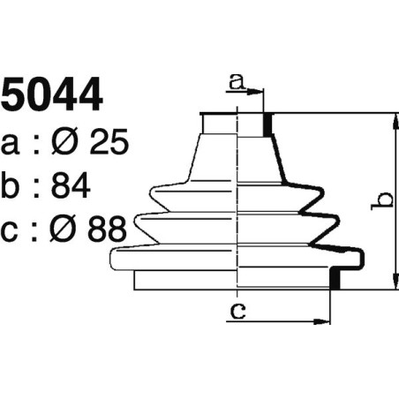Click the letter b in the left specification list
[x=13, y=187]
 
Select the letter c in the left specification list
[x=12, y=232]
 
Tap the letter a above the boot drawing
[x=236, y=81]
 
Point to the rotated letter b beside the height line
[x=380, y=200]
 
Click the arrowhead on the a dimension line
[x=260, y=91]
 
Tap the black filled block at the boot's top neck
[x=268, y=124]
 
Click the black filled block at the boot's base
[x=335, y=279]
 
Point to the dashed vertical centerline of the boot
[x=239, y=203]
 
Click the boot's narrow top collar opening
[x=234, y=116]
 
